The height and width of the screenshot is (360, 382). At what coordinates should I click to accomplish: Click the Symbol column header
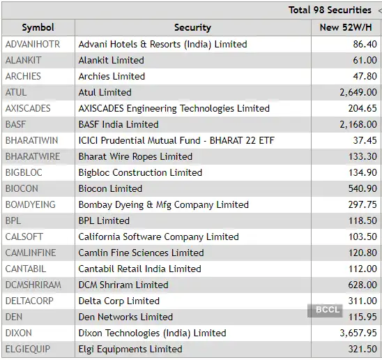38,28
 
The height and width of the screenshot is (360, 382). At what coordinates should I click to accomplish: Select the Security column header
192,28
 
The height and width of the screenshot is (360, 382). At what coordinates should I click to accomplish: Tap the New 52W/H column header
345,28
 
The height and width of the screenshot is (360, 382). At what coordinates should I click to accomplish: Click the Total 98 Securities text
330,10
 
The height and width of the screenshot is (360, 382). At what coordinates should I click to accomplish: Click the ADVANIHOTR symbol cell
33,44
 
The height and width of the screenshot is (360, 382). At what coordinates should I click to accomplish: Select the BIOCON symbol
22,188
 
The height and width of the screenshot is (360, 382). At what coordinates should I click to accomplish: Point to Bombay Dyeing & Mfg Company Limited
163,204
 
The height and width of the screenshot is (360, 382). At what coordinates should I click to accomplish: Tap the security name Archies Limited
112,76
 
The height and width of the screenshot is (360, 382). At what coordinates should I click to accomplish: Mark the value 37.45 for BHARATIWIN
365,140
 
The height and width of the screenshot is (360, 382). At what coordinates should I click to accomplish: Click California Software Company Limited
158,237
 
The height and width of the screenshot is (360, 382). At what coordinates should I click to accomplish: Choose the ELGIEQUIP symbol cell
28,349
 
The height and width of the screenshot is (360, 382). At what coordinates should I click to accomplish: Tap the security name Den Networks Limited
125,317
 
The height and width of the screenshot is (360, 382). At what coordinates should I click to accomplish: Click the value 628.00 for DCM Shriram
362,285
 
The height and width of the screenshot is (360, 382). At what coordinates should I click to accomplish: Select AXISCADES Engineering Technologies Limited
174,108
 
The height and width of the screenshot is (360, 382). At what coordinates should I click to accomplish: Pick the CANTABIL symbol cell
25,269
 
